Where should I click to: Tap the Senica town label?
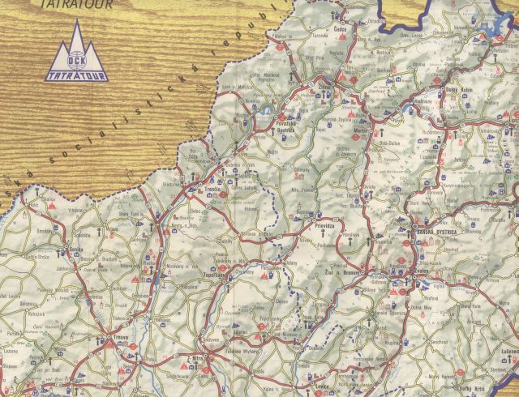(76, 250)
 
